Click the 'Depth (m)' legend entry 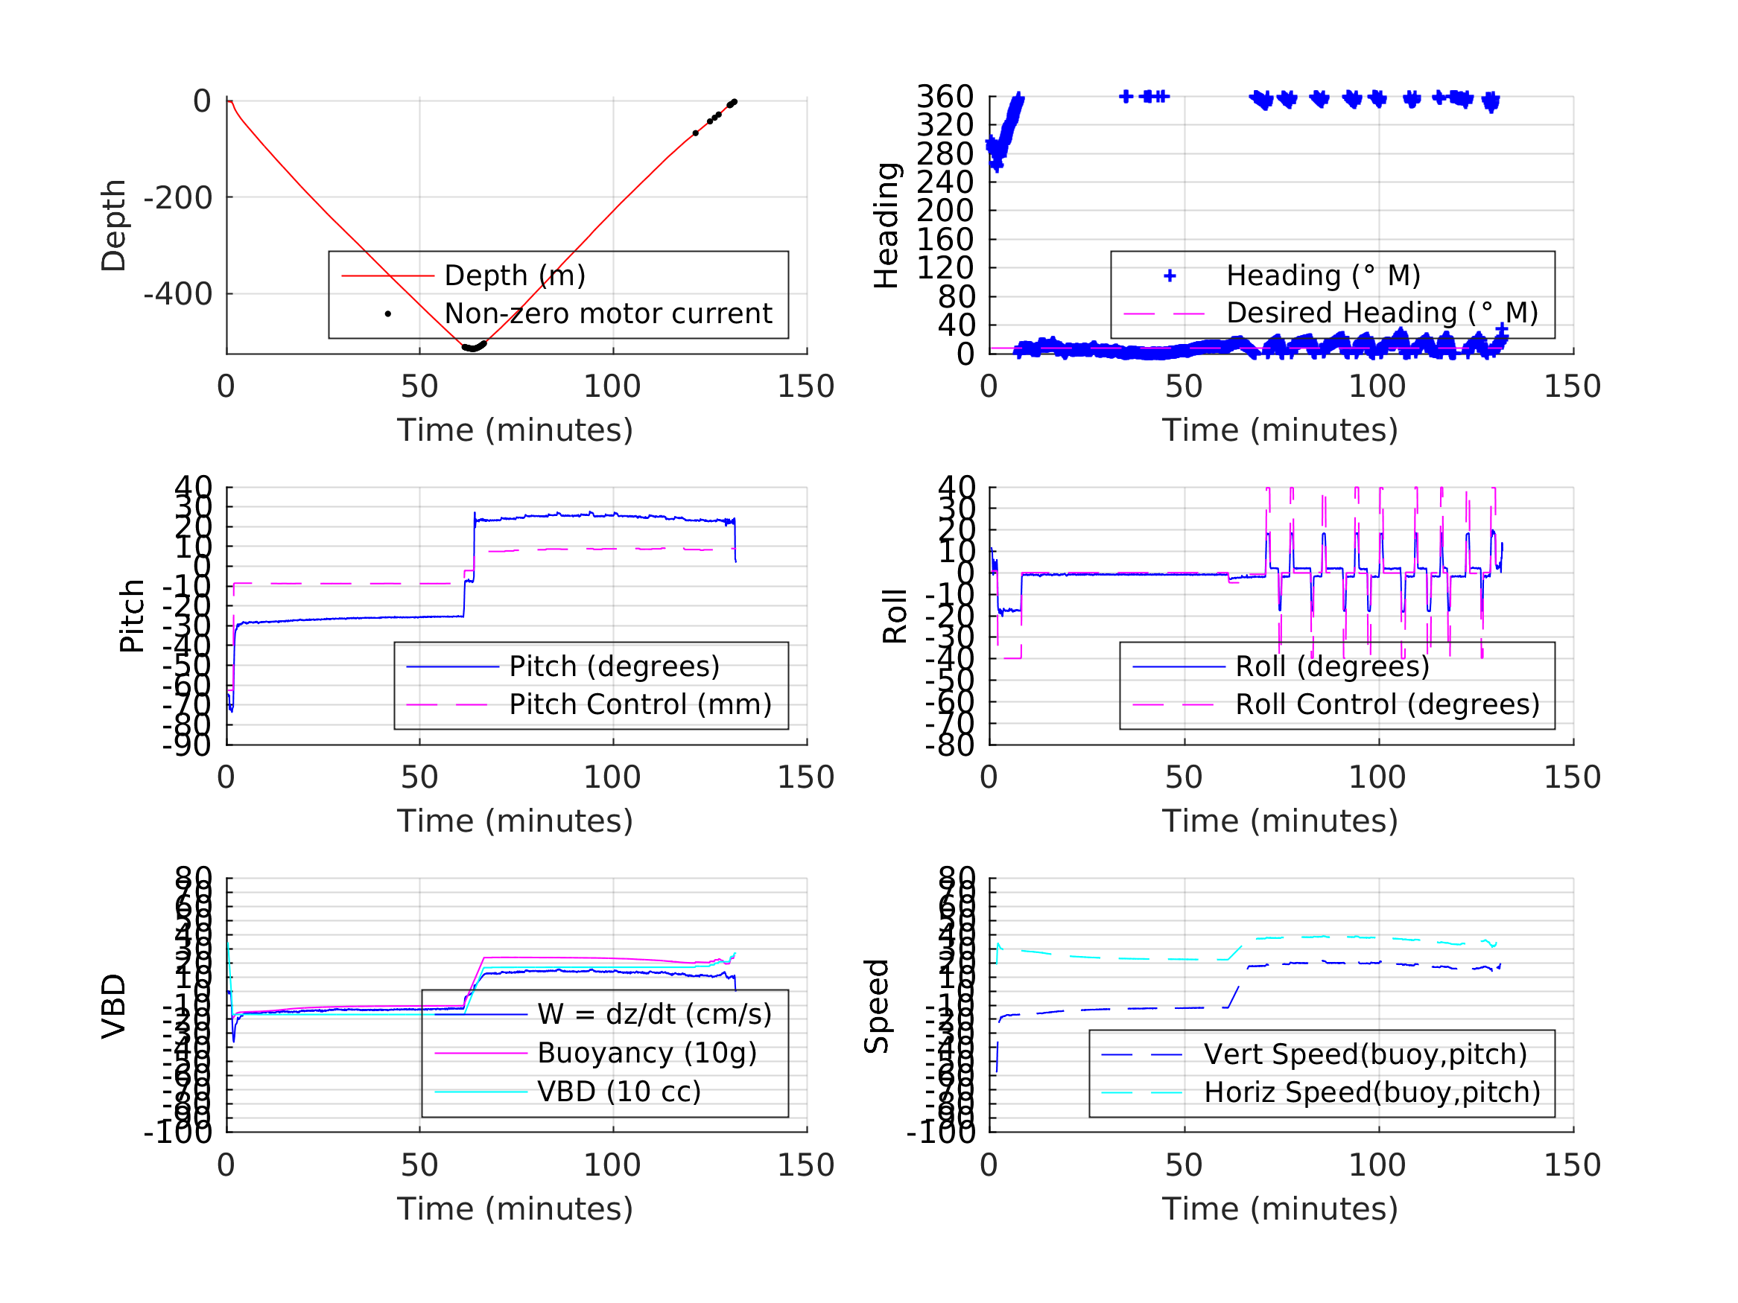[515, 275]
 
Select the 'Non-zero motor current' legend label [607, 313]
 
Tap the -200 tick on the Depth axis [177, 198]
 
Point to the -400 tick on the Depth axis [177, 295]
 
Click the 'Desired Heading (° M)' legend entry [1381, 313]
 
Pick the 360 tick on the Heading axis [945, 97]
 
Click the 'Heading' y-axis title [887, 226]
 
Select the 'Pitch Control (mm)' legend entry [640, 704]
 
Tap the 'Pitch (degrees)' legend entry [614, 666]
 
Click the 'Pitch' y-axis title [132, 616]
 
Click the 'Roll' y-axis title [895, 616]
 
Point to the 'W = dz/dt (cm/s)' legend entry [654, 1014]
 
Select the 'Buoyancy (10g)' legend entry [647, 1053]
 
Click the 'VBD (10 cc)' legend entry [618, 1091]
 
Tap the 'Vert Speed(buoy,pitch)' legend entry [1365, 1054]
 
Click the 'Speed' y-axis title [877, 1005]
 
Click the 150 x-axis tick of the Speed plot [1571, 1165]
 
